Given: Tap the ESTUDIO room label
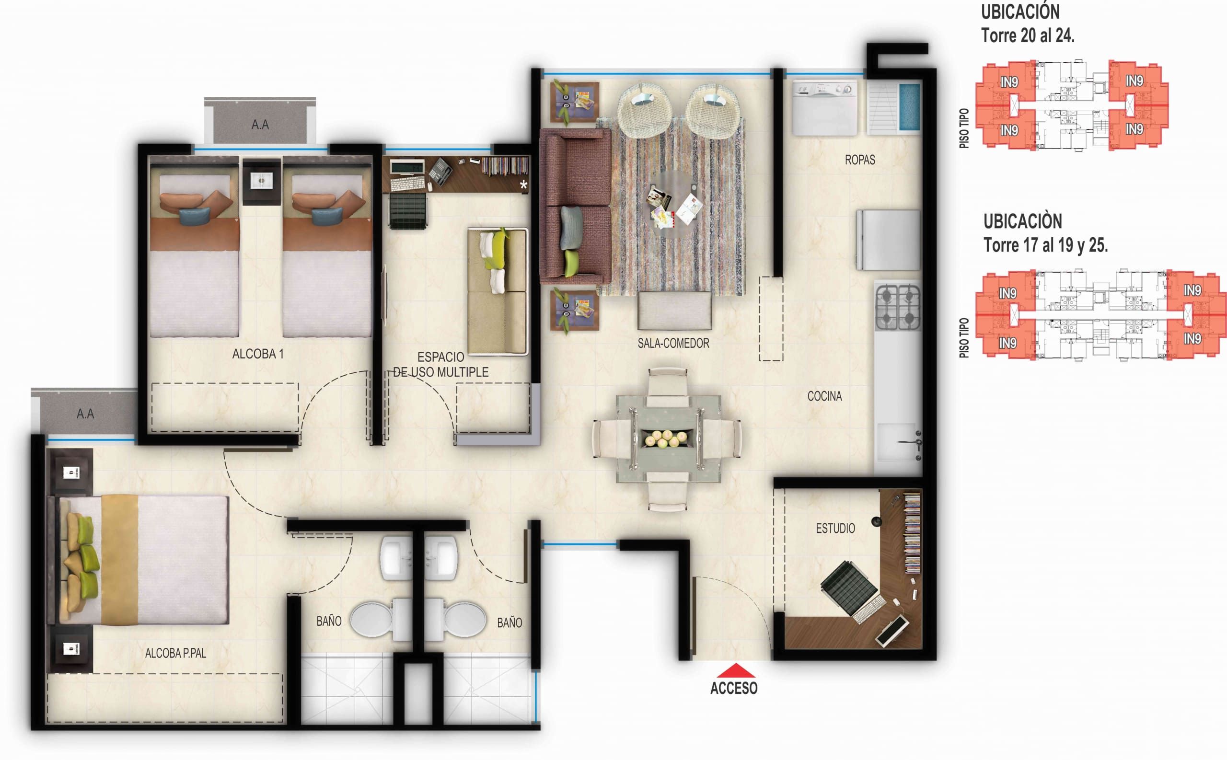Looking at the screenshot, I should click(x=835, y=528).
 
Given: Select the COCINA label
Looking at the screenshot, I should click(x=824, y=396).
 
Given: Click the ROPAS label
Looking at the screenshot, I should click(x=859, y=160).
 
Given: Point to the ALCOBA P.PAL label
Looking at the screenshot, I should click(x=175, y=653).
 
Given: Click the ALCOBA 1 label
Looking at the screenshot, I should click(x=258, y=354).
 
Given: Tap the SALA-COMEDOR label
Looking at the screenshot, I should click(x=673, y=343).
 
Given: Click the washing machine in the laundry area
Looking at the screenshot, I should click(x=824, y=108).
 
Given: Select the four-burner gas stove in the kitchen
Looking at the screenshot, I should click(x=898, y=307).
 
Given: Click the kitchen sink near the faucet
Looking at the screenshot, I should click(x=897, y=442).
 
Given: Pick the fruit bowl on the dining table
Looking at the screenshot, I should click(x=668, y=439).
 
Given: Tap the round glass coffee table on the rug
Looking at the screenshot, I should click(x=673, y=204).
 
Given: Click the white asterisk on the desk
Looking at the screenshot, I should click(x=523, y=184).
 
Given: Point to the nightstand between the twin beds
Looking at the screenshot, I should click(x=261, y=181).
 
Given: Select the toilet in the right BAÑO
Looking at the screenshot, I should click(x=463, y=619).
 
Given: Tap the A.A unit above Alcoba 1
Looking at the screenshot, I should click(x=260, y=124).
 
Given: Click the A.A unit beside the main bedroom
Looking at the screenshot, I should click(x=85, y=414).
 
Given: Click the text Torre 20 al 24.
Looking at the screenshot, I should click(x=1028, y=35).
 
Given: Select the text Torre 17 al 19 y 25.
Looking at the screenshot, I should click(x=1045, y=245).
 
